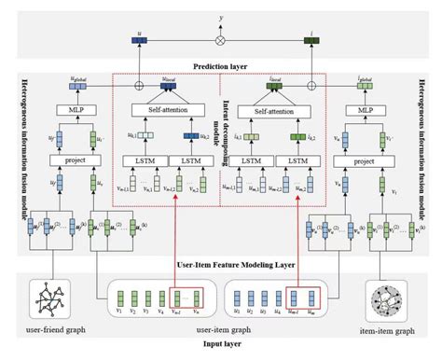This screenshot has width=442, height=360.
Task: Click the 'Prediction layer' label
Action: click(x=222, y=66)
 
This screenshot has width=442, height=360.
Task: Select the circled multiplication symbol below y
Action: click(x=222, y=41)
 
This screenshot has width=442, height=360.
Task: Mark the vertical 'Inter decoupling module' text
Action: click(x=223, y=131)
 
